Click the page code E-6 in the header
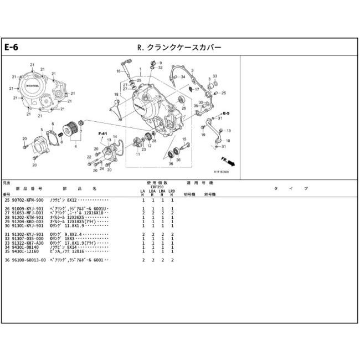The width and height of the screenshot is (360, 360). (12, 47)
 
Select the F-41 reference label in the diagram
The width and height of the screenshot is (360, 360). (102, 134)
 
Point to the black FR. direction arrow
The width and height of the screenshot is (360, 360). (228, 161)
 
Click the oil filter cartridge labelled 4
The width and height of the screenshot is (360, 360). (70, 131)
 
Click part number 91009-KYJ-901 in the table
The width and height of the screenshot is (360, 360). (27, 208)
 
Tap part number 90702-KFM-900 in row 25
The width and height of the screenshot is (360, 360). (27, 199)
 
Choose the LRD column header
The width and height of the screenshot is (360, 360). (172, 192)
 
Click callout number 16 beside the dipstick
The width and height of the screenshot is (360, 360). (119, 71)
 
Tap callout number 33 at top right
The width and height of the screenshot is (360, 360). (215, 76)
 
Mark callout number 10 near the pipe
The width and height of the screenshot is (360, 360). (228, 141)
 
